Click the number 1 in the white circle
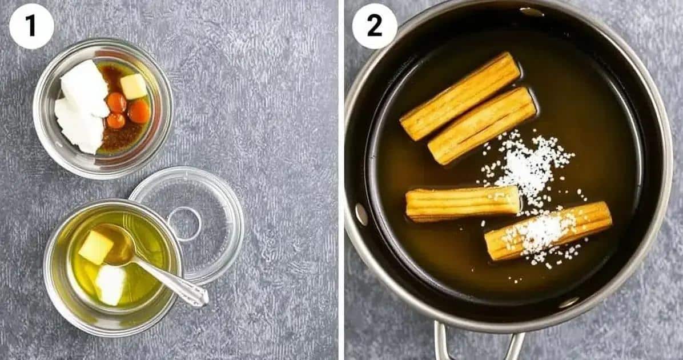[30, 26]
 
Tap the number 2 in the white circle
[374, 26]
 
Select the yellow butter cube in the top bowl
[134, 86]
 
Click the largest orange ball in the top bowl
[139, 111]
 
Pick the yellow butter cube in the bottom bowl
[96, 247]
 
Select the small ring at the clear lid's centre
[184, 224]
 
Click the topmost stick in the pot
[460, 97]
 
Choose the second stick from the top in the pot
[482, 126]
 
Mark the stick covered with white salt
[548, 230]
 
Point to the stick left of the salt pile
[463, 203]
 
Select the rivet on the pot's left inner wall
[361, 214]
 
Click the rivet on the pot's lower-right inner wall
[569, 302]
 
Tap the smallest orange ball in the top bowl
[116, 121]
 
